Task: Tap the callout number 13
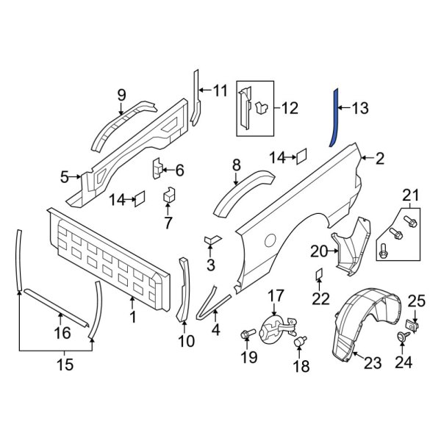(359, 109)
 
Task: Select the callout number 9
(122, 94)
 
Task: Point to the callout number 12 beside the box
(290, 109)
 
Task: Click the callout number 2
(380, 157)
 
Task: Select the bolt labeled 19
(245, 336)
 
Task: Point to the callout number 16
(63, 333)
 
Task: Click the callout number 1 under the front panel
(132, 318)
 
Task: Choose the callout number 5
(65, 176)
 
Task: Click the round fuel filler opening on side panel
(270, 240)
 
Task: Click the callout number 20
(318, 251)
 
